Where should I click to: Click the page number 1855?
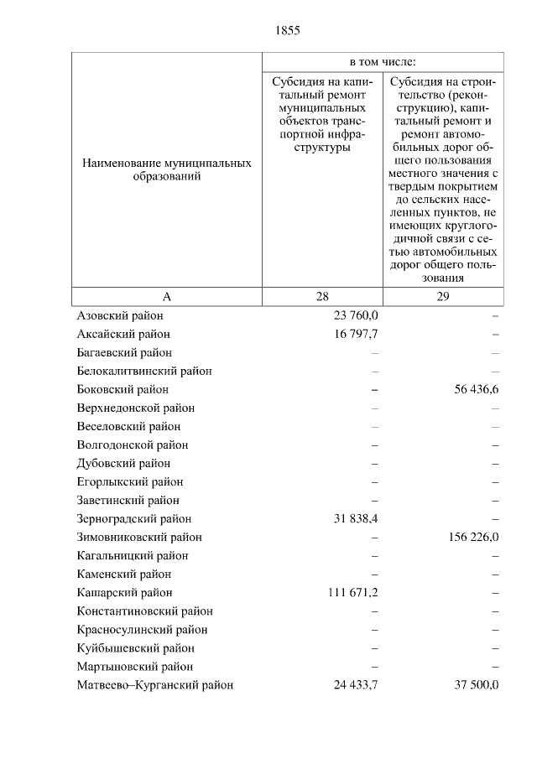click(287, 31)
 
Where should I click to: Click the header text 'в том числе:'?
click(383, 62)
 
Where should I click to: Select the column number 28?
click(323, 297)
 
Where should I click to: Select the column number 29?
click(443, 297)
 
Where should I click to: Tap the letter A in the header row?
click(166, 297)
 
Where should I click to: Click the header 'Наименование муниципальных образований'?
click(166, 171)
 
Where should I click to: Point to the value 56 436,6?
click(468, 390)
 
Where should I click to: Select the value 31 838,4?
click(356, 519)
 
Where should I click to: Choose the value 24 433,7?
click(356, 685)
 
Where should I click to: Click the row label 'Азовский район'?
click(120, 316)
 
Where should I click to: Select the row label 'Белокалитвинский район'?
click(143, 372)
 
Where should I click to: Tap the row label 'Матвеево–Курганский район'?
click(154, 685)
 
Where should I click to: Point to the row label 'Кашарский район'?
click(124, 593)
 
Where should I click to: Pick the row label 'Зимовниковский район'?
click(138, 538)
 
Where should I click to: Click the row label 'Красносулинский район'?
click(142, 630)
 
